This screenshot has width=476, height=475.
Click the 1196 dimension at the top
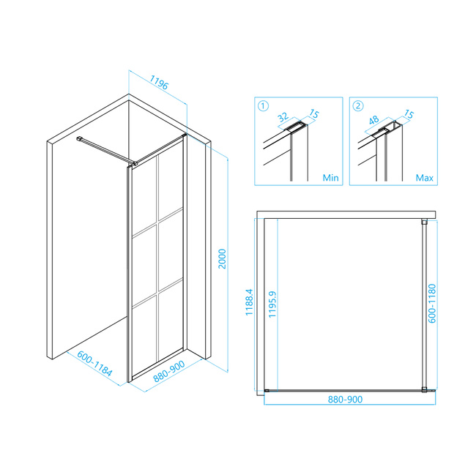159,83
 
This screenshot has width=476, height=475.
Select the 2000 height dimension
222,259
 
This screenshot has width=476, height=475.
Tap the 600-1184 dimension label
94,364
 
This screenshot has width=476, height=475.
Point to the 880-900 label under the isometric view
169,371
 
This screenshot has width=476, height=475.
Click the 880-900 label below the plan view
345,399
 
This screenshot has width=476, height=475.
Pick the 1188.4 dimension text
249,302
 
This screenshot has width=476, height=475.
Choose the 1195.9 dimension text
272,304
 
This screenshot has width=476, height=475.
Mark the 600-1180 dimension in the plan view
431,303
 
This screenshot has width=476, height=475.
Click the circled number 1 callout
263,106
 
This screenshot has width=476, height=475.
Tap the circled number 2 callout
358,106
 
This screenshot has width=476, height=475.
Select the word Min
330,177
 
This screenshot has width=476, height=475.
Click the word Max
425,177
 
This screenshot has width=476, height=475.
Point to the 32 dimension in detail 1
283,117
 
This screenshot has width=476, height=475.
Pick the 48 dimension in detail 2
373,120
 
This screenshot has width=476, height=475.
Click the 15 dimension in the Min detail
314,113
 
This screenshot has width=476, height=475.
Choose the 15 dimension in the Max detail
409,114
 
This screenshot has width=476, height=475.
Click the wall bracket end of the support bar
79,138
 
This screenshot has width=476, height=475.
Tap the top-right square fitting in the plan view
424,222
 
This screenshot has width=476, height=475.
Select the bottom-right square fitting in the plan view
424,389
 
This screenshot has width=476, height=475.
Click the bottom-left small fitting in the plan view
267,391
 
